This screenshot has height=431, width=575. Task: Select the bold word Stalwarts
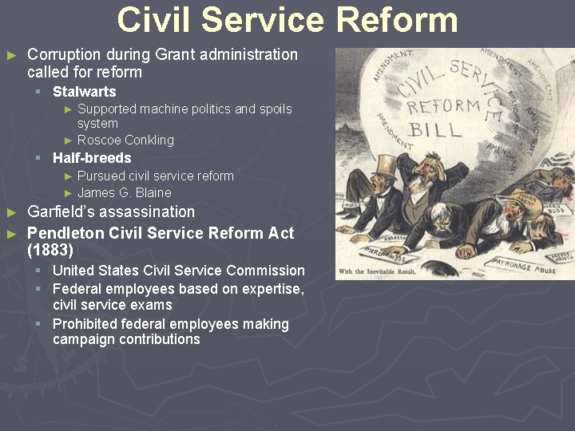click(84, 92)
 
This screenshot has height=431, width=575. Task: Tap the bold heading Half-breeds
click(92, 158)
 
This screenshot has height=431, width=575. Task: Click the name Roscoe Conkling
click(125, 140)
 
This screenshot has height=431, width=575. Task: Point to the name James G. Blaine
click(124, 192)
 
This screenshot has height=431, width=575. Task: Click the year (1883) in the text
click(50, 251)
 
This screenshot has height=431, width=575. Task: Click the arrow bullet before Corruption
click(11, 56)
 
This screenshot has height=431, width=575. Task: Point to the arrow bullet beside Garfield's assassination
click(11, 213)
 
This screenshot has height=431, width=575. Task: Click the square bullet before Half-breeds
click(38, 158)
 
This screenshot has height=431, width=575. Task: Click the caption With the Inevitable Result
click(383, 272)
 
